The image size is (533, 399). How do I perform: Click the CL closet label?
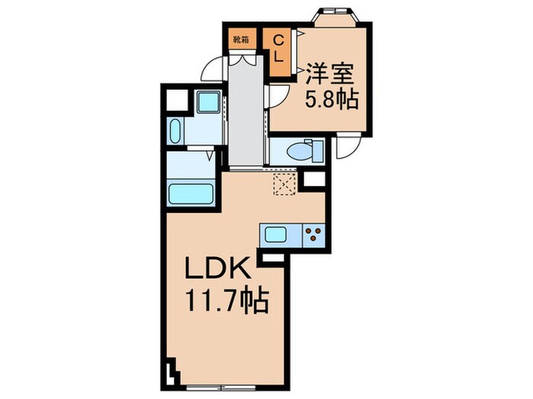pos(279,48)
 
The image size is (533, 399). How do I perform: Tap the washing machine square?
pos(208,101)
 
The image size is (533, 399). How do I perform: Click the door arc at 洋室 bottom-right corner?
pos(346,147)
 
